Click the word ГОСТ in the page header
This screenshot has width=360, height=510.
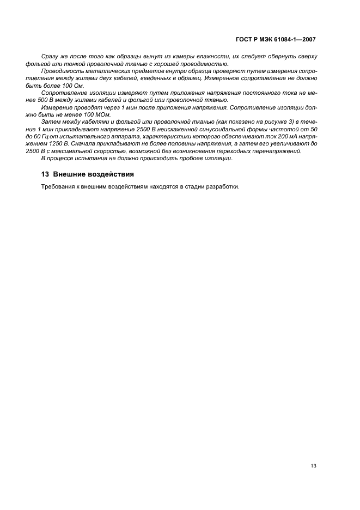[x=243, y=40]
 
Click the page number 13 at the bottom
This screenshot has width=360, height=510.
[x=314, y=465]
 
